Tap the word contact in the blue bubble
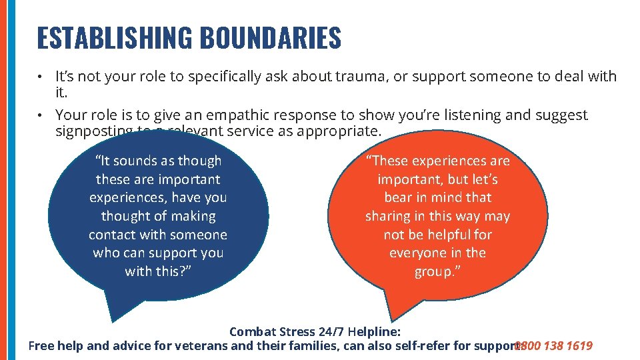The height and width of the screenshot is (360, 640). (x=113, y=235)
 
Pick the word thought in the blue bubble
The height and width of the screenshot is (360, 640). (x=125, y=216)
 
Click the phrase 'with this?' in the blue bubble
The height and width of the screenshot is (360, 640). (x=158, y=271)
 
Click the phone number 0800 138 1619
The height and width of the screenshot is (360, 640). (x=554, y=345)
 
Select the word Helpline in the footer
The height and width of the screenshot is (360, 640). (x=377, y=331)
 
